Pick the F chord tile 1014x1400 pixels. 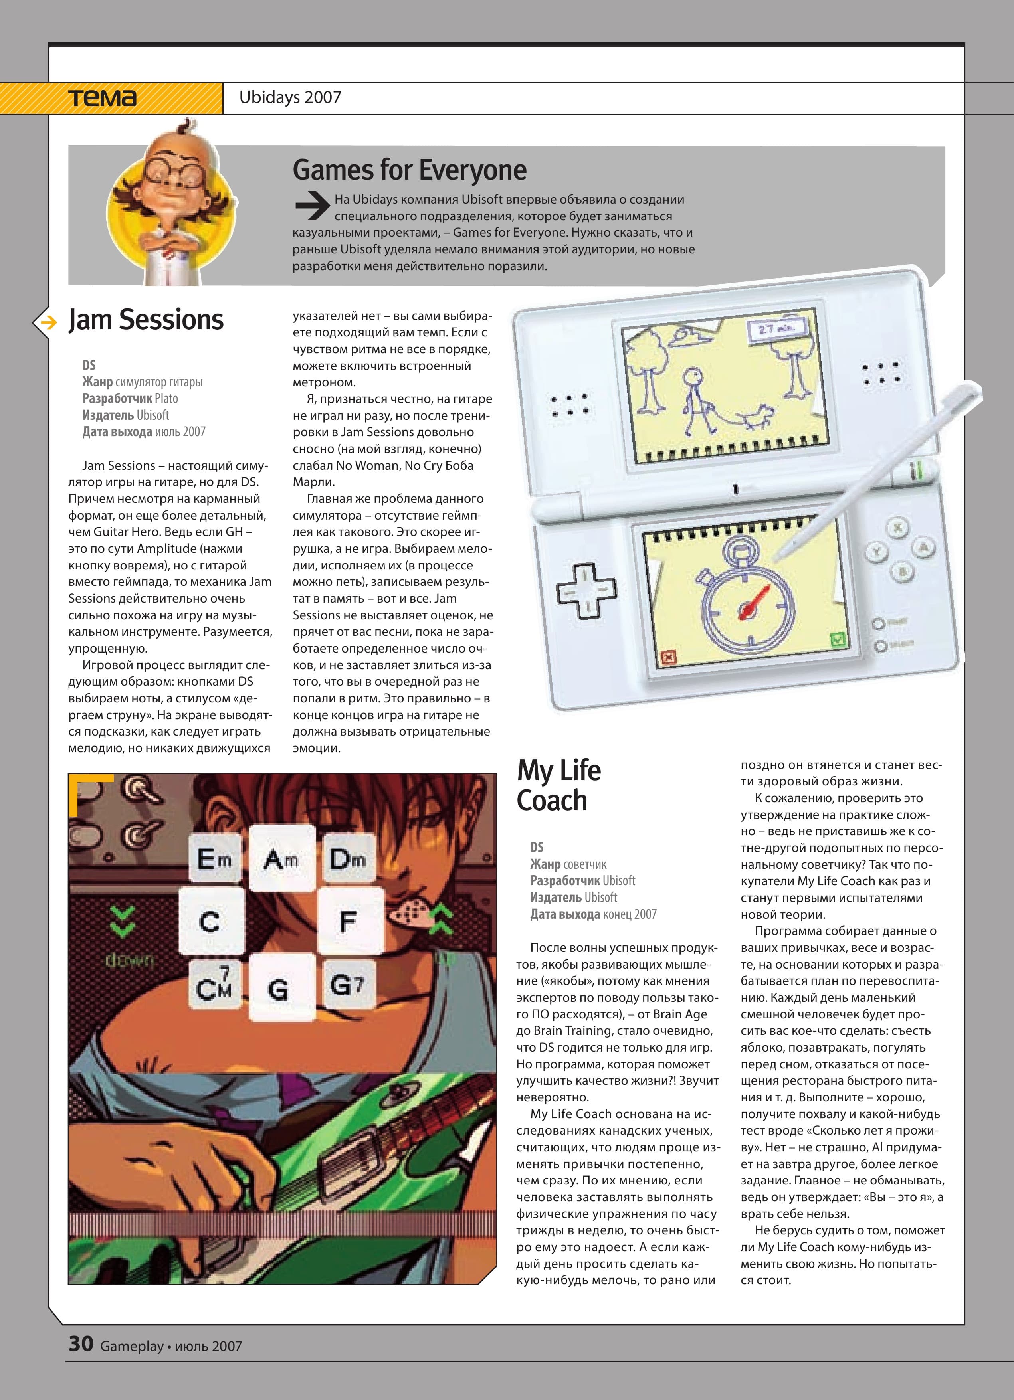coord(348,921)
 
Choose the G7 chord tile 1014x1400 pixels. coord(347,984)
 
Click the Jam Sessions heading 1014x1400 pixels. coord(146,320)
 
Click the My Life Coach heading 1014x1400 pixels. coord(559,785)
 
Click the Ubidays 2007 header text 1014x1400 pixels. coord(290,97)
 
